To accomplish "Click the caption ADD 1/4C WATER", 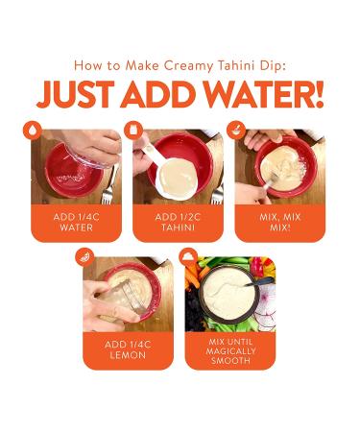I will tap(75, 223).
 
